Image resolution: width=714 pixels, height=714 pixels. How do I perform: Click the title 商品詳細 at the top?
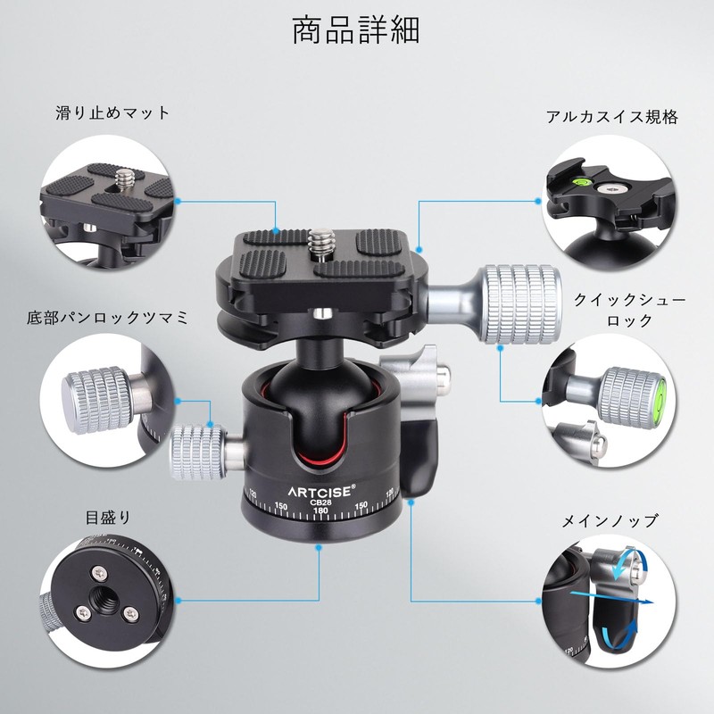(x=355, y=30)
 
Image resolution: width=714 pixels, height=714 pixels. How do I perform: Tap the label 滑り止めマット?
(x=112, y=112)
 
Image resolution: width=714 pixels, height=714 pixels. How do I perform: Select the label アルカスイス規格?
(x=612, y=117)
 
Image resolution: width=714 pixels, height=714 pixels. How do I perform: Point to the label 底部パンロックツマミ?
(x=107, y=318)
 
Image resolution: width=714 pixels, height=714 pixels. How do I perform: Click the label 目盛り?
(x=108, y=518)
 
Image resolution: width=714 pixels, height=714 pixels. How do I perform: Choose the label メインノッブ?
(x=610, y=520)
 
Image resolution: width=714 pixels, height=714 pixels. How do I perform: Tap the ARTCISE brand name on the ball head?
(x=320, y=492)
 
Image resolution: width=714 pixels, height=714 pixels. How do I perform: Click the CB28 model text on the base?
(x=320, y=502)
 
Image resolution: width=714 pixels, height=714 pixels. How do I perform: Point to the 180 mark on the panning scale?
(x=320, y=511)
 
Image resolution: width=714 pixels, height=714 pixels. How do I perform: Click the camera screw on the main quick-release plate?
(x=321, y=244)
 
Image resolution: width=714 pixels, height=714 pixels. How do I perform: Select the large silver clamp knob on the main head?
(x=521, y=304)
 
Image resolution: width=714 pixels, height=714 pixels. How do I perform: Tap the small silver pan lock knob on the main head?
(x=198, y=452)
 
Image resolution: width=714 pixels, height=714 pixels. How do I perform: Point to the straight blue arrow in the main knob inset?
(x=611, y=597)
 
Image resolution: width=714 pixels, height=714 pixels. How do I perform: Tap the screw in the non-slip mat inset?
(x=123, y=177)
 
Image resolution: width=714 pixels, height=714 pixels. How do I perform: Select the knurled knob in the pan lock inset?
(x=98, y=400)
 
